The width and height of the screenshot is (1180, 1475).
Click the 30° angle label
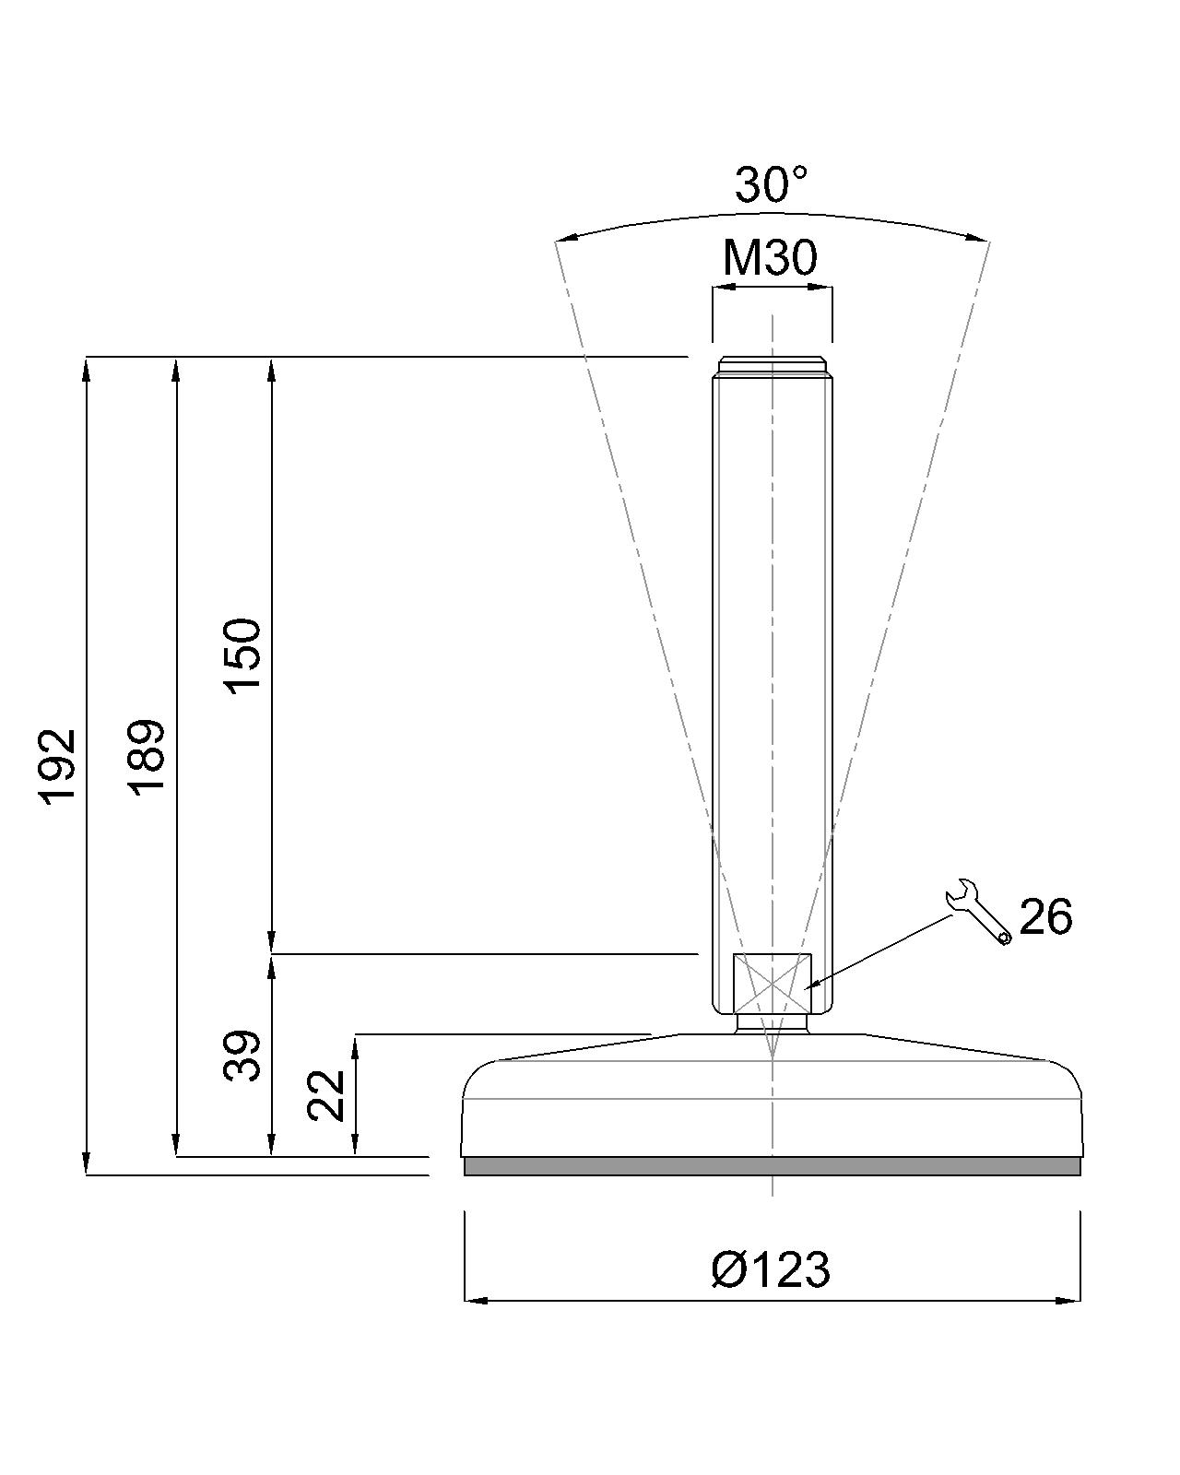[771, 185]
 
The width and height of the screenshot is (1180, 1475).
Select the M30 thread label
[770, 258]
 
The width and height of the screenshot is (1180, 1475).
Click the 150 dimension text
[244, 656]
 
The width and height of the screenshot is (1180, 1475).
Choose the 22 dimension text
[326, 1095]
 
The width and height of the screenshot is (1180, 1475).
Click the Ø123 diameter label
[771, 1269]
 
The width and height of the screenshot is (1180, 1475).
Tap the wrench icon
[978, 911]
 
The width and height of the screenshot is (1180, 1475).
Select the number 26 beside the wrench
[1045, 917]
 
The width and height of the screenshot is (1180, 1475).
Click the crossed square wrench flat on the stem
[772, 983]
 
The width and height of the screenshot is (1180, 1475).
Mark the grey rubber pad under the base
[772, 1166]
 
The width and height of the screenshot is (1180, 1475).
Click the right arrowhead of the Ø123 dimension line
[1071, 1301]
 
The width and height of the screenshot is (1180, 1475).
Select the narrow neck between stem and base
[772, 1023]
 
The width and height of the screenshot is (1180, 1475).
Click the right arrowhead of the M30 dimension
[824, 287]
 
